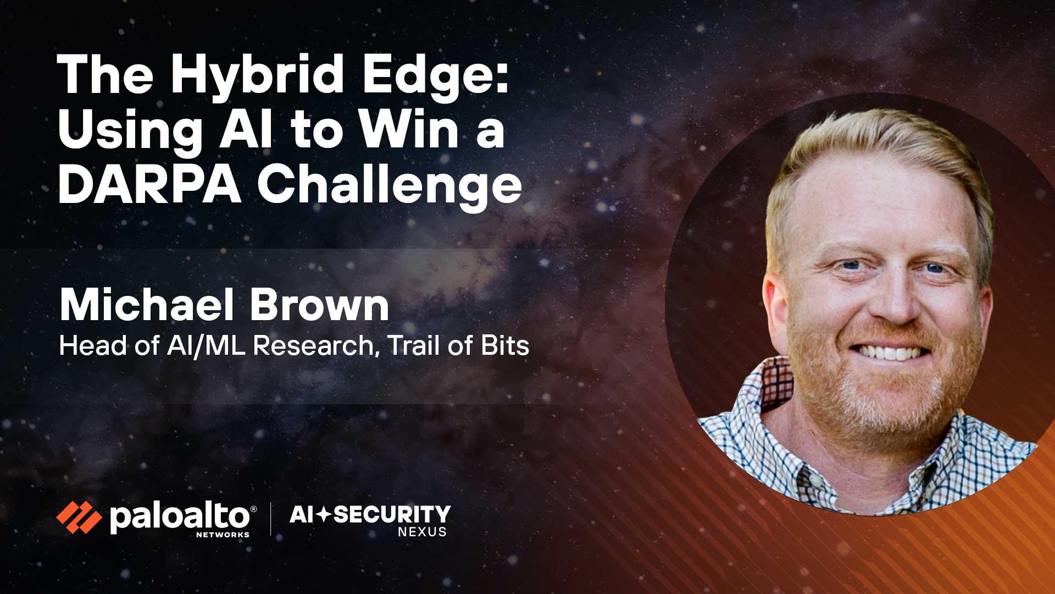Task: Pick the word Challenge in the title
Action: point(390,188)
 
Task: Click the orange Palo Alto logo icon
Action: point(79,518)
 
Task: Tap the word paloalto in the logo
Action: point(180,518)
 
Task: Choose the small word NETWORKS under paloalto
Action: point(223,534)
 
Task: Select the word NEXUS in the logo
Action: point(422,532)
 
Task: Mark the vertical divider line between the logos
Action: point(270,519)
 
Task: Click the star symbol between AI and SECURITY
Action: point(324,515)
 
